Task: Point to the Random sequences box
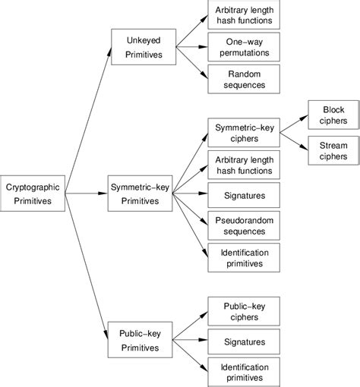click(x=245, y=78)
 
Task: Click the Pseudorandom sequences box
click(x=245, y=226)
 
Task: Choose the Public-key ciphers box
click(x=245, y=311)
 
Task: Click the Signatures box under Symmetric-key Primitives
click(x=245, y=194)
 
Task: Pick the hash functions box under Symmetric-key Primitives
click(x=245, y=163)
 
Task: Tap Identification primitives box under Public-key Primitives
click(x=245, y=372)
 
